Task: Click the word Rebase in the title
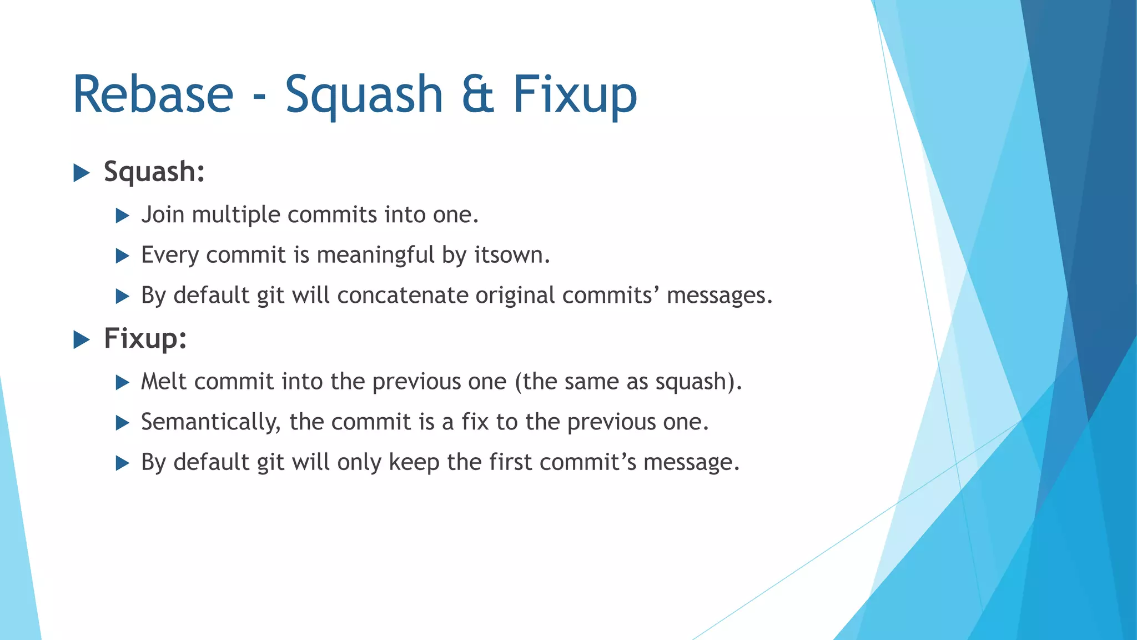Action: [x=153, y=94]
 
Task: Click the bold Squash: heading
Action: [x=154, y=172]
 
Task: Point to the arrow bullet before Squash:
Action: [x=82, y=173]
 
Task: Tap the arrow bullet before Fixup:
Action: [x=82, y=339]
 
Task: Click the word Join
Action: [x=163, y=215]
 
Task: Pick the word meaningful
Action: [x=376, y=256]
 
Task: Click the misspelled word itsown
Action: [x=511, y=256]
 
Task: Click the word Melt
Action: [x=164, y=382]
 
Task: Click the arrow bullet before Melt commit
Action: [x=122, y=383]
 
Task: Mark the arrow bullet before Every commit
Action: [x=122, y=256]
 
